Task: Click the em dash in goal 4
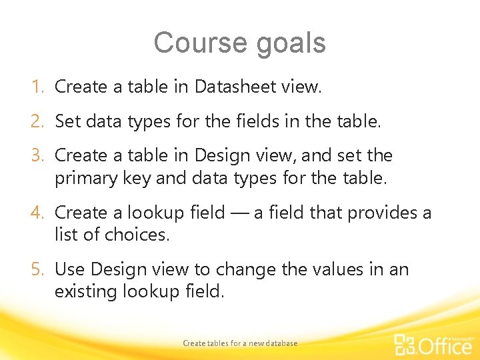tap(239, 213)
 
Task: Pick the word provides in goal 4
tap(382, 213)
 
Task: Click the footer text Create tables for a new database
tap(240, 343)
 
